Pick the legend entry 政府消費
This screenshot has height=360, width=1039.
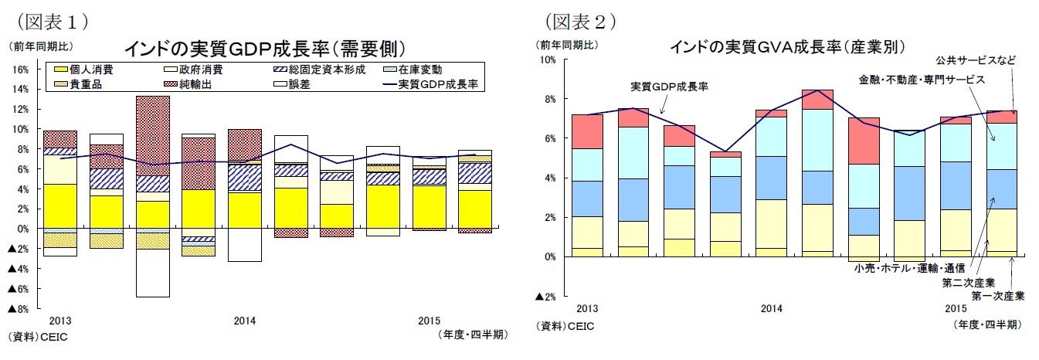[197, 70]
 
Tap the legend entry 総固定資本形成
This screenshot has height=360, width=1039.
[317, 70]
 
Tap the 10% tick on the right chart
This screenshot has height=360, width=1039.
[547, 59]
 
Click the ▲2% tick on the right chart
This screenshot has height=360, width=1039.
[545, 297]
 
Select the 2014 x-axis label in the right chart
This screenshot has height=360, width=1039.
[771, 309]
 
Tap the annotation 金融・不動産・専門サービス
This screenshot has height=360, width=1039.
[922, 80]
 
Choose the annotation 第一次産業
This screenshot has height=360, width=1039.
[997, 296]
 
